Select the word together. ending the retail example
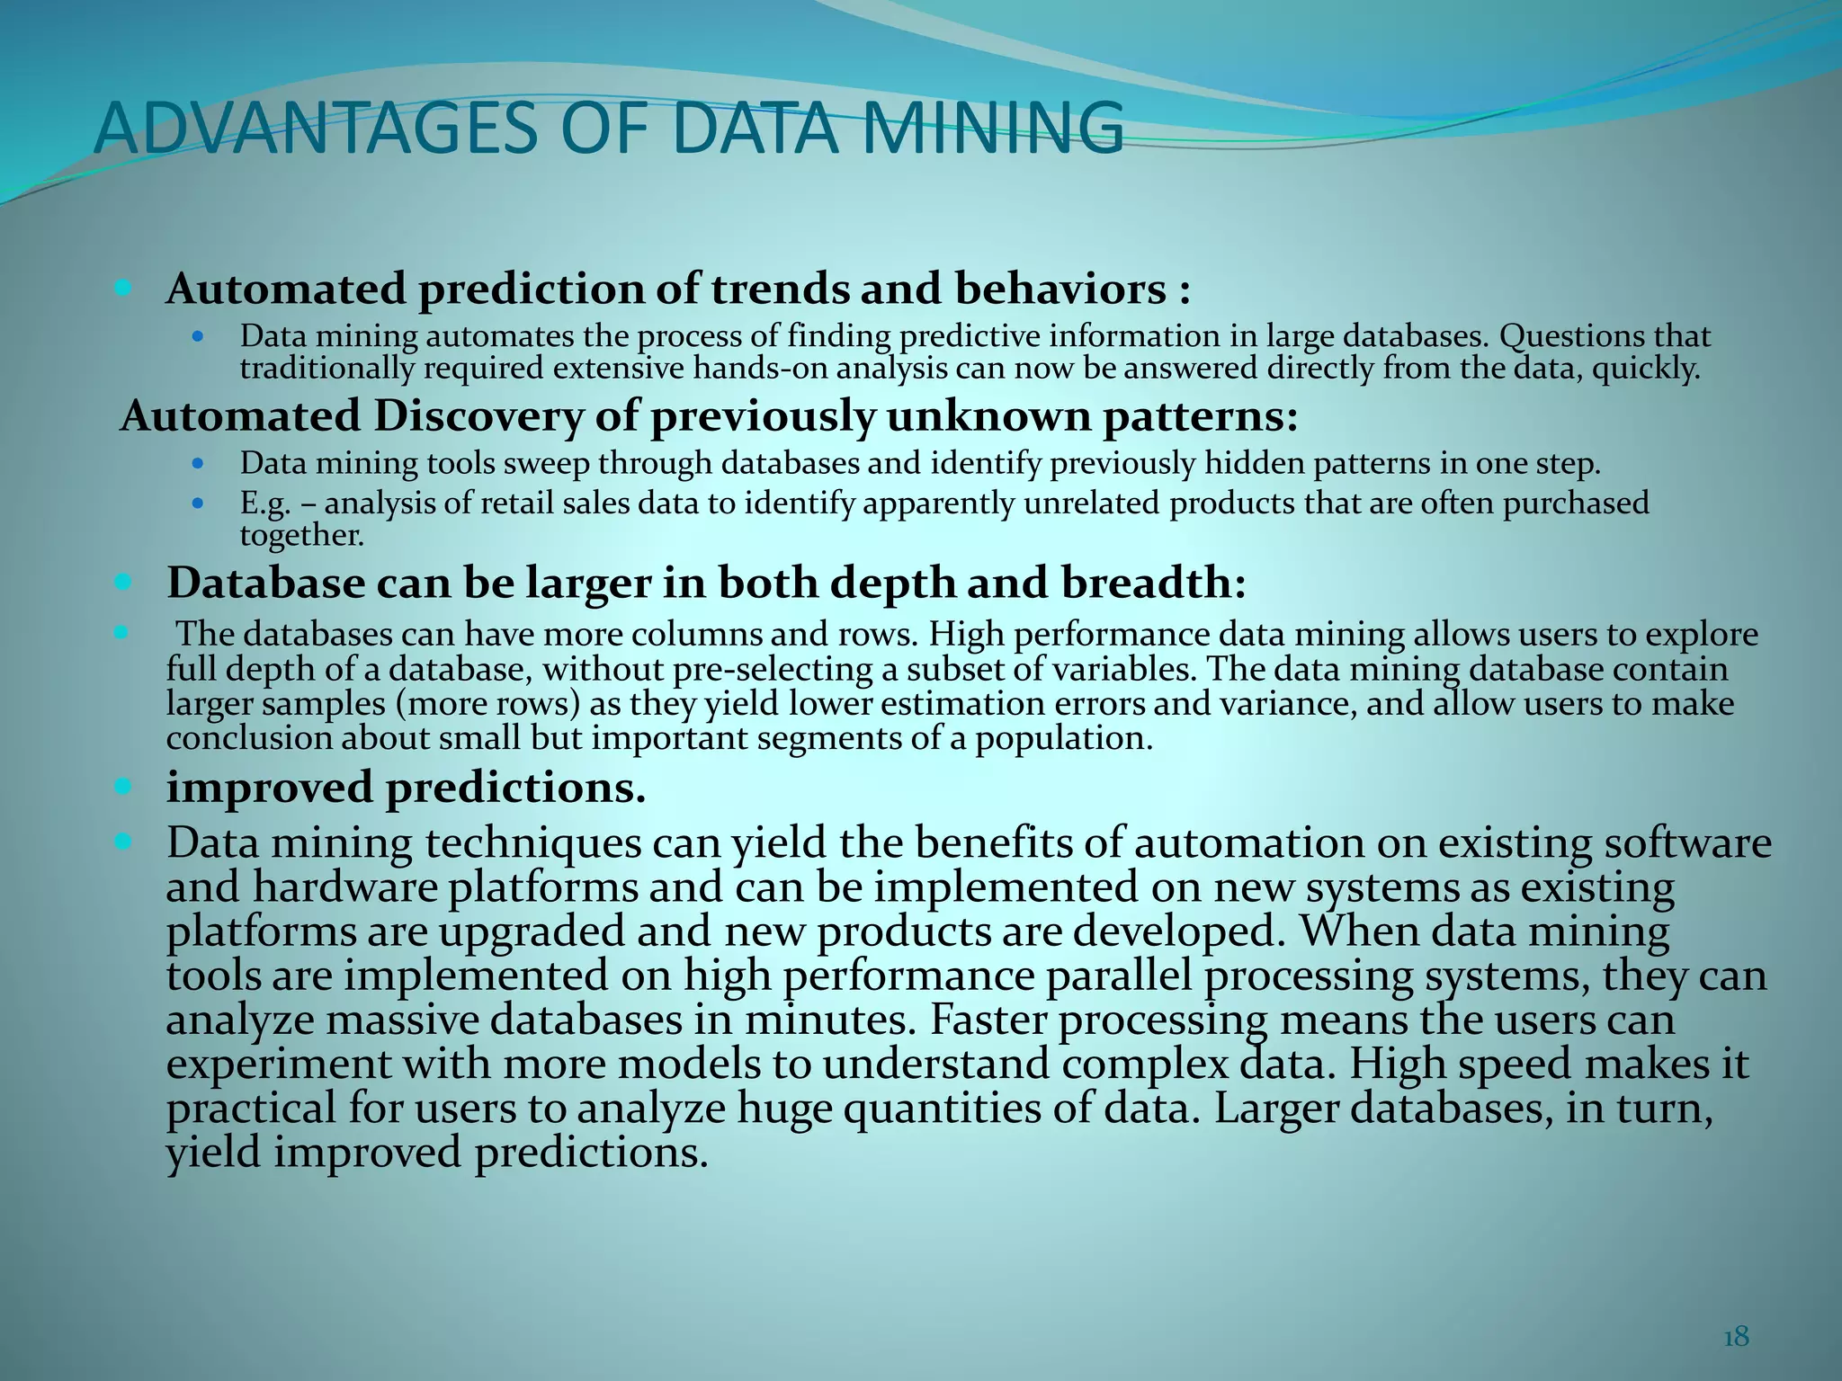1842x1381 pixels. click(302, 536)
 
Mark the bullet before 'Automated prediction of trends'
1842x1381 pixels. click(124, 289)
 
